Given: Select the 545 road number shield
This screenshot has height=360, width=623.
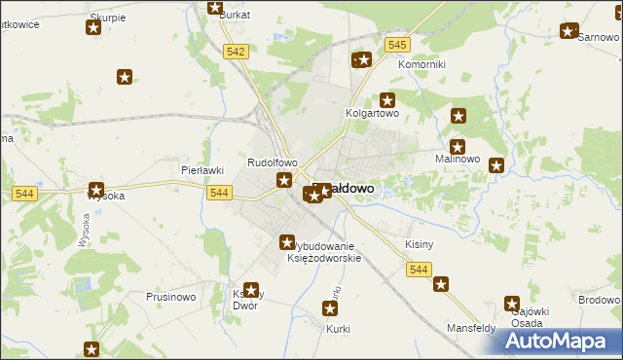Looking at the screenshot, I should tap(397, 46).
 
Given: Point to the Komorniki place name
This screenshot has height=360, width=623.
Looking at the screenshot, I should tap(422, 64).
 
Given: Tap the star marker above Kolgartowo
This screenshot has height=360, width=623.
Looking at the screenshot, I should tap(387, 99).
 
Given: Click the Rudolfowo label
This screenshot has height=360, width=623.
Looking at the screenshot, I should tap(272, 163).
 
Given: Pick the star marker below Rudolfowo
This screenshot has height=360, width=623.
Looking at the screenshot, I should tap(284, 179).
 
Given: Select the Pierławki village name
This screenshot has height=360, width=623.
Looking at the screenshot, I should tap(203, 169).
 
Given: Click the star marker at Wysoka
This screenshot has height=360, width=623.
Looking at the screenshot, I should tap(97, 190).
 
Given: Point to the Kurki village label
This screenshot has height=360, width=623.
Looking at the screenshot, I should tap(337, 329).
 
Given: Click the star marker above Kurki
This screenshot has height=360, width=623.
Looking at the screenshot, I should tap(330, 310).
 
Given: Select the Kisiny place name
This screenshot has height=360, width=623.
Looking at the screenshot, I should tap(419, 244).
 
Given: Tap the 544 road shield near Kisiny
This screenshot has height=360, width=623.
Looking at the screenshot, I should tap(419, 270).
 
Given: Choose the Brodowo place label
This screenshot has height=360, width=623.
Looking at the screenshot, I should tap(598, 299).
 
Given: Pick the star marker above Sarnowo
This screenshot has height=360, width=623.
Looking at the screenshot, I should tap(568, 31).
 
